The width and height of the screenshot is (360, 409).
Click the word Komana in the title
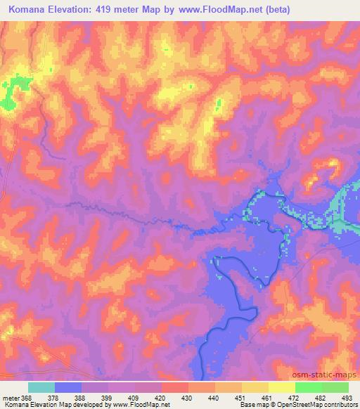tap(31, 10)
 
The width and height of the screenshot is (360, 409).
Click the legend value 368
tap(27, 397)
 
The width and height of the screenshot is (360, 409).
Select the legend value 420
tap(161, 397)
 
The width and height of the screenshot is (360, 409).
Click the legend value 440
tap(214, 397)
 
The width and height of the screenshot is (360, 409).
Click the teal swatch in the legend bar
tap(41, 387)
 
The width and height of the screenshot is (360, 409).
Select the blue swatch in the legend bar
tap(68, 387)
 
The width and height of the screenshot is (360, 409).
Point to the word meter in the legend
tap(10, 397)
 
